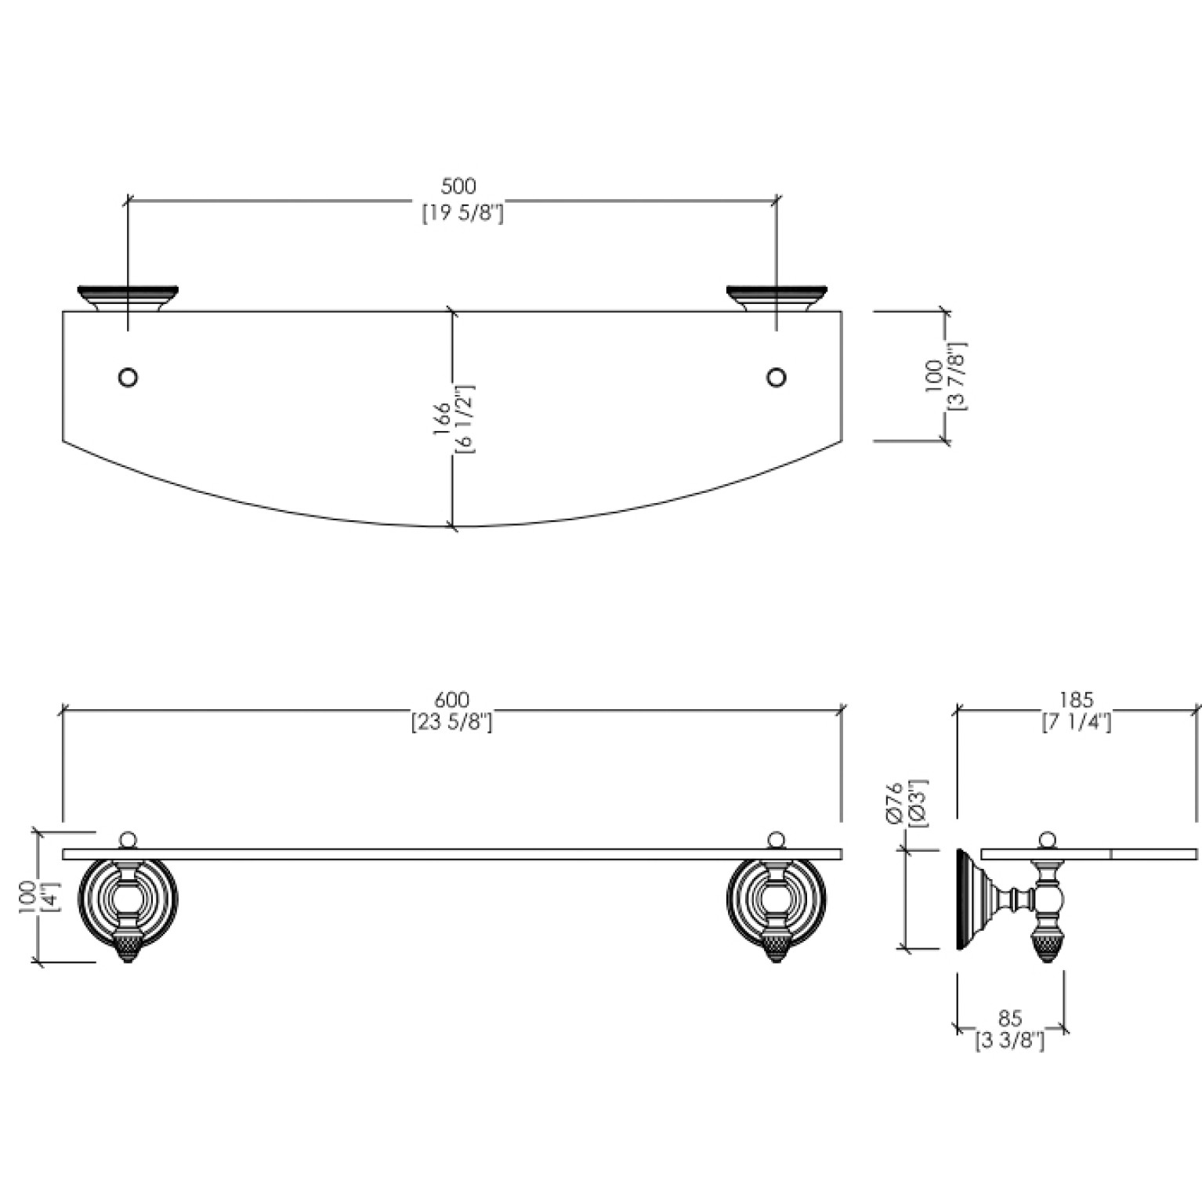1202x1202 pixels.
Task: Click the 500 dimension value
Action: tap(459, 186)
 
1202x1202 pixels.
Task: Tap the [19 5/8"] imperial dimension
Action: tap(462, 214)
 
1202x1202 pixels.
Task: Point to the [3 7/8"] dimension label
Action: tap(958, 377)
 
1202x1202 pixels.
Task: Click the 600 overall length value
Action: tap(452, 699)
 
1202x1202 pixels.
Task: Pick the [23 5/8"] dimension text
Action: tap(452, 722)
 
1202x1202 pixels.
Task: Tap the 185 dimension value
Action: tap(1076, 699)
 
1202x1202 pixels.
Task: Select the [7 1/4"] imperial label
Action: tap(1077, 722)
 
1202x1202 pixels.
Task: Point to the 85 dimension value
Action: tap(1010, 1019)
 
